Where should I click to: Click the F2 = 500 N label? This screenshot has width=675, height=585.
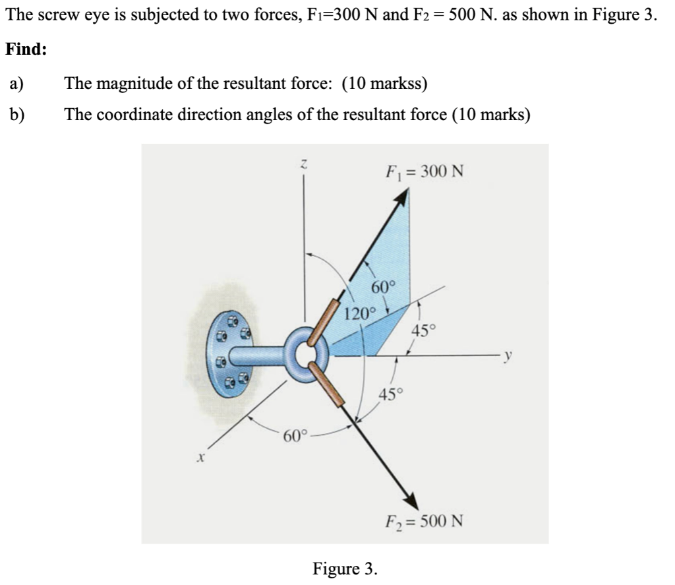coord(424,521)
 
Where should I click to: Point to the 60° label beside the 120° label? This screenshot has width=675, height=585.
coord(384,287)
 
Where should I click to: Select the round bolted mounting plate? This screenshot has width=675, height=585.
coord(231,354)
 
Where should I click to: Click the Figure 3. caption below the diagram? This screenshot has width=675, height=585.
coord(345,568)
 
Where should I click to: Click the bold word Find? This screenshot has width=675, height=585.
coord(26,50)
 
